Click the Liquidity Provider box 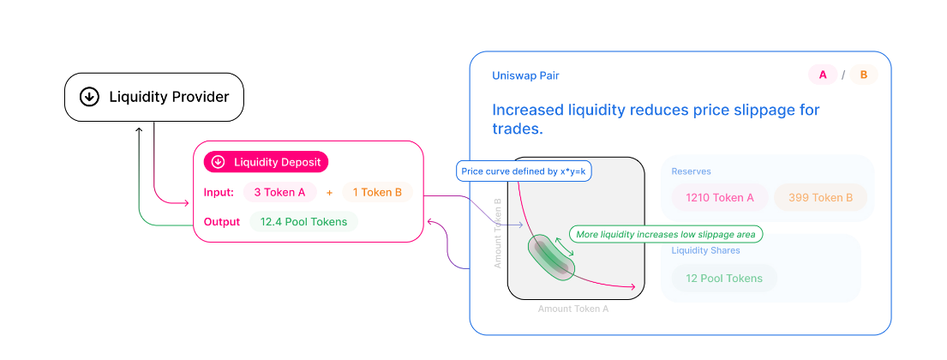click(x=154, y=97)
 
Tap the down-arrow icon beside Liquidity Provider click(x=89, y=97)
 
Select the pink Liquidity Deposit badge click(x=266, y=162)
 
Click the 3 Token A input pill click(x=279, y=192)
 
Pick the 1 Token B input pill click(x=377, y=192)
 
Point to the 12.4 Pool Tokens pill click(x=304, y=222)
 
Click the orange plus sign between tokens click(x=329, y=193)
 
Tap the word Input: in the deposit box click(x=219, y=192)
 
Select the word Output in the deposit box click(x=222, y=222)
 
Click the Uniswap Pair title click(x=525, y=75)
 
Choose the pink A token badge click(x=823, y=75)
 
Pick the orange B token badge click(x=863, y=75)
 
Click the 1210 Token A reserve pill click(x=720, y=198)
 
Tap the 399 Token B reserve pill click(x=820, y=198)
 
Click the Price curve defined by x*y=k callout click(x=524, y=171)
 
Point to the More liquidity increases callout click(x=665, y=234)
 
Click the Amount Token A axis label click(x=572, y=309)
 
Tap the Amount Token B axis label click(x=498, y=233)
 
